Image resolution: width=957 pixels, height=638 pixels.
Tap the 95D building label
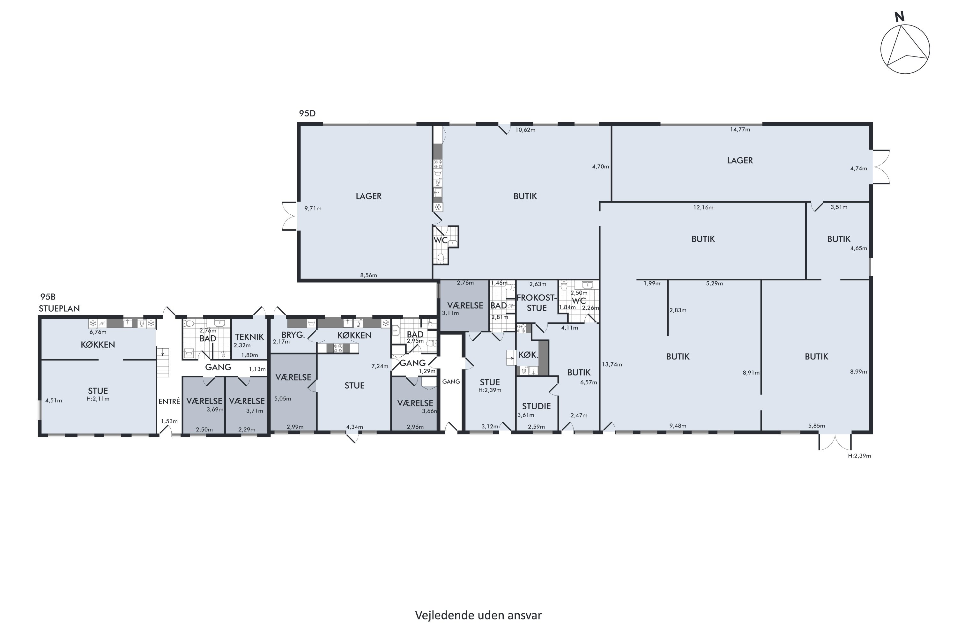pos(307,114)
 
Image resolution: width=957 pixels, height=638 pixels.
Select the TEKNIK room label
pos(249,337)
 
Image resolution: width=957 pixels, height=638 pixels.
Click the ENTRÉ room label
pos(169,401)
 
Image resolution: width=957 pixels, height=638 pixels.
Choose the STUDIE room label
pos(536,406)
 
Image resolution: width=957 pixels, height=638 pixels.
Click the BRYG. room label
pos(293,335)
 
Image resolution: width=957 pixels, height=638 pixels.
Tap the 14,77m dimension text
pos(740,130)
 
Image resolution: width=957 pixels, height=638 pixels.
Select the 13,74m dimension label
pos(612,365)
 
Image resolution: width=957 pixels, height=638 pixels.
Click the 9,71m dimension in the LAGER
pos(313,209)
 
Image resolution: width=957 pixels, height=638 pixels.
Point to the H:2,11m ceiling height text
pos(98,399)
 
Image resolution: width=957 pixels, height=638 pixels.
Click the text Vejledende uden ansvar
pos(478,615)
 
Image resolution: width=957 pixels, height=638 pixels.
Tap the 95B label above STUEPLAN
pos(48,297)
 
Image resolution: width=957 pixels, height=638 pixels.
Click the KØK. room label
pos(528,355)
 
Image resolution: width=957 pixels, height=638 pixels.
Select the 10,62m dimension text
pos(525,130)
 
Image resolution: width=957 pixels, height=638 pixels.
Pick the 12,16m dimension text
pos(703,208)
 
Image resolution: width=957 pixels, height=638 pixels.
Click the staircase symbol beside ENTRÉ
pos(163,362)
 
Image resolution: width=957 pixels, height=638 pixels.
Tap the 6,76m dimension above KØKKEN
pos(98,332)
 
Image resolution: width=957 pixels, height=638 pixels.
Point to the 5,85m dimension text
pos(817,426)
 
